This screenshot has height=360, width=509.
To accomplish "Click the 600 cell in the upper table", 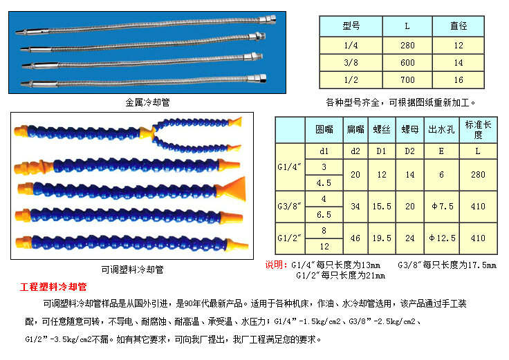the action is coord(407,62).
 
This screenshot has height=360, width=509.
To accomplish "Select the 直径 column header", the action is coord(459,26).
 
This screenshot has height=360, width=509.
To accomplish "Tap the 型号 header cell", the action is coord(351,26).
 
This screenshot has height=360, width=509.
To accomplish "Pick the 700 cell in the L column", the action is coord(407,79).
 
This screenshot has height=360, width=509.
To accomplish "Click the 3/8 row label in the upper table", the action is coord(351,62).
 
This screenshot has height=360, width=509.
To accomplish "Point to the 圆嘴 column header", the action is coord(324,130).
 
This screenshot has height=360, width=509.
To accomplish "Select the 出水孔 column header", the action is coord(441,130).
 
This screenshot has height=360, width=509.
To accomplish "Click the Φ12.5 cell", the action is coord(441,238).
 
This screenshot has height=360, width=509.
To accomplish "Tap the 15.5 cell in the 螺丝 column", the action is coord(382,207).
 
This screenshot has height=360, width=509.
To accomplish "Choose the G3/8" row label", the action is coord(290,207).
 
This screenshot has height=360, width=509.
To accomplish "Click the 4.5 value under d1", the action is coord(324,183).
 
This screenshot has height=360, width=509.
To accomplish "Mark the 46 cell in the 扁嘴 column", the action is coord(355,238).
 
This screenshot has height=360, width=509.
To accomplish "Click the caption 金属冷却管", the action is coord(148,102).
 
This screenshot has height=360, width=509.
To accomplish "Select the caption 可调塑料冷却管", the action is coord(132,269).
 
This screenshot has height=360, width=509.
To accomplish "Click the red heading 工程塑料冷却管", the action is coord(53,287).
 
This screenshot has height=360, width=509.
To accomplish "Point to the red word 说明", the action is coord(274,265).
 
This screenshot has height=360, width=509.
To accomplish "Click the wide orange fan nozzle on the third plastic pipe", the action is coord(231,189).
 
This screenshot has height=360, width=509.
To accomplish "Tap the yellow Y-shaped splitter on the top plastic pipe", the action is coord(148,133).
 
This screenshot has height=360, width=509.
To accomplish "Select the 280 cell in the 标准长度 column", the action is coord(478,175).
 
